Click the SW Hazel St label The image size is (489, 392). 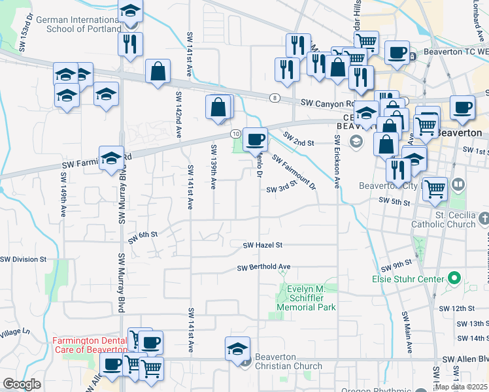[x=262, y=246]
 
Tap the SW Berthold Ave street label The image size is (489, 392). [x=263, y=267]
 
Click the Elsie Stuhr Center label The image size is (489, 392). [x=409, y=279]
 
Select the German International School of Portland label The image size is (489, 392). [x=78, y=25]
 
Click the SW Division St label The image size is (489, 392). [x=24, y=259]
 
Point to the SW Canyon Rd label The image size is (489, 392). [x=327, y=103]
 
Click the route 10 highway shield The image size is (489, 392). [x=235, y=133]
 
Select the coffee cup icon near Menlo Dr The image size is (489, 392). [x=256, y=139]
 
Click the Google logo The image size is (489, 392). [x=22, y=384]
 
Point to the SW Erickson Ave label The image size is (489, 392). [x=337, y=161]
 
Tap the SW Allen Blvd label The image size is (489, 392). [x=465, y=360]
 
